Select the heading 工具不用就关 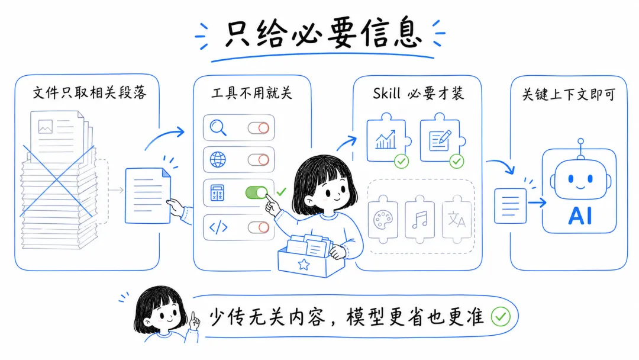pos(252,93)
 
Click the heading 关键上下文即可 pos(568,94)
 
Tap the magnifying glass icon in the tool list pos(219,128)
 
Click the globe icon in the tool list pos(218,159)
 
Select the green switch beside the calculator pos(257,192)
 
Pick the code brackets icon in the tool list pos(218,227)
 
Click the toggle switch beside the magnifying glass pos(258,128)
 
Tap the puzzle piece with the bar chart pos(386,140)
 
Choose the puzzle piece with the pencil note pos(440,140)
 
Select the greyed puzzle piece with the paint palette pos(383,220)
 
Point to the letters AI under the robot pos(580,217)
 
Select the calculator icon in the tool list pos(218,192)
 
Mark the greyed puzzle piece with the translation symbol pos(456,220)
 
